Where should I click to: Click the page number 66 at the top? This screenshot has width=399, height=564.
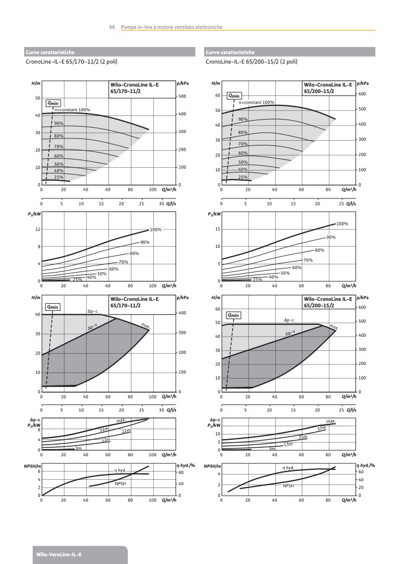coord(111,27)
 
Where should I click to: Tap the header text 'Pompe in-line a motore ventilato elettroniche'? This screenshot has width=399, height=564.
coord(172,27)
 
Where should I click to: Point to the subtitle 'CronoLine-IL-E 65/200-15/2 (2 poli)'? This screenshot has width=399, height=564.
coord(252,61)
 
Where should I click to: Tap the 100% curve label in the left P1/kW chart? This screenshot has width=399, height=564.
coord(156,230)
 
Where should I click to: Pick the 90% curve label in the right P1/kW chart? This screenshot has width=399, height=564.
coord(331,237)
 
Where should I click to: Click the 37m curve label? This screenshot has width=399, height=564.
coord(322,429)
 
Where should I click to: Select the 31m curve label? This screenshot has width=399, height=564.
coord(104,430)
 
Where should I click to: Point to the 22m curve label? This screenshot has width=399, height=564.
coord(126,431)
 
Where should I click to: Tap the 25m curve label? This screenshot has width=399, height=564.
coord(303,437)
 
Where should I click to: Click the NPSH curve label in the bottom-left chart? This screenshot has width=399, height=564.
coord(120,483)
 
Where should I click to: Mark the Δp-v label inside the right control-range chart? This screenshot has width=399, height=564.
coord(291,333)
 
